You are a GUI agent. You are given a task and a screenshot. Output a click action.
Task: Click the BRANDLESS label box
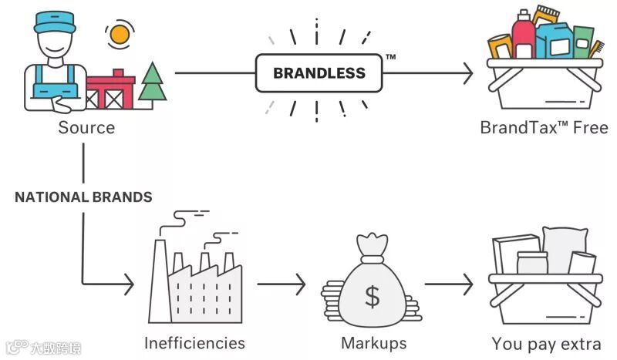pos(319,74)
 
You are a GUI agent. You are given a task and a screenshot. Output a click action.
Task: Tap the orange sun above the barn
pos(119,34)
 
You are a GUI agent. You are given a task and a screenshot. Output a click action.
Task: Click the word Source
pos(86,127)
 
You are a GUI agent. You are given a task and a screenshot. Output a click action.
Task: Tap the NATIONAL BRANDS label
pos(83,197)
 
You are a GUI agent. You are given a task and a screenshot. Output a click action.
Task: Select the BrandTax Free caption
pos(544,127)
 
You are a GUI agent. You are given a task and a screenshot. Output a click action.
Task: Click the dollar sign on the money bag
pos(373,296)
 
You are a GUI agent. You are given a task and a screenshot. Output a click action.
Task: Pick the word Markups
pos(373,343)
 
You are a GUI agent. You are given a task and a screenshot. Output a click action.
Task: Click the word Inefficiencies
pos(194,343)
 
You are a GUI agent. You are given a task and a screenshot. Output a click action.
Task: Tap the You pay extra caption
pos(545,343)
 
